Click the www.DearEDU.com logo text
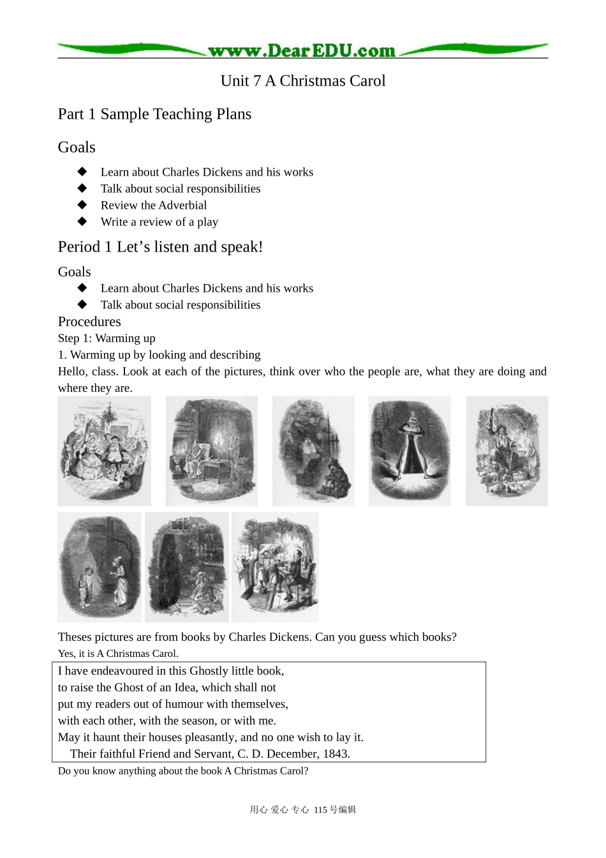pyautogui.click(x=302, y=50)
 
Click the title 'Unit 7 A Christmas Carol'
pyautogui.click(x=303, y=80)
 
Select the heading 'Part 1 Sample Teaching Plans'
pyautogui.click(x=154, y=114)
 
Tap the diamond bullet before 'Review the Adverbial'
pyautogui.click(x=82, y=205)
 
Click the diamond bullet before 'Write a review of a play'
pyautogui.click(x=82, y=222)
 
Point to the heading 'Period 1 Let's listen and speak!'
pyautogui.click(x=160, y=246)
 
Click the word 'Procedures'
pyautogui.click(x=89, y=322)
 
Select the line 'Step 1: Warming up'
pyautogui.click(x=107, y=338)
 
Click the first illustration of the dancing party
pyautogui.click(x=104, y=451)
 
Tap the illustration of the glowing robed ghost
pyautogui.click(x=410, y=451)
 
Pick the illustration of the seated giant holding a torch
pyautogui.click(x=506, y=451)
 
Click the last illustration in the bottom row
pyautogui.click(x=275, y=567)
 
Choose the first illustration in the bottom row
pyautogui.click(x=100, y=567)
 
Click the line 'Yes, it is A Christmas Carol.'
pyautogui.click(x=118, y=654)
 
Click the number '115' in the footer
pyautogui.click(x=320, y=809)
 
